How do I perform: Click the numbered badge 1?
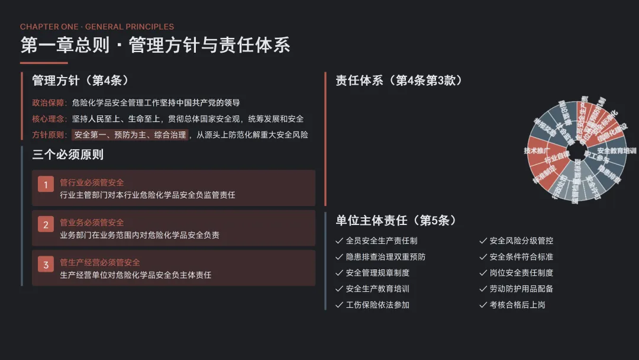pyautogui.click(x=46, y=185)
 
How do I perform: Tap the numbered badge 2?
pyautogui.click(x=46, y=225)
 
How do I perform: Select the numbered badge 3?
pyautogui.click(x=46, y=265)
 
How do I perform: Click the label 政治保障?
pyautogui.click(x=49, y=102)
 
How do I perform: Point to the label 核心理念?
pyautogui.click(x=49, y=118)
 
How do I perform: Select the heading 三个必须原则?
pyautogui.click(x=67, y=155)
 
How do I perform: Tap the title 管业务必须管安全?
pyautogui.click(x=92, y=223)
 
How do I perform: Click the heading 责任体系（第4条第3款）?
pyautogui.click(x=399, y=81)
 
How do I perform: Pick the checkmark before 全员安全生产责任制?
pyautogui.click(x=339, y=241)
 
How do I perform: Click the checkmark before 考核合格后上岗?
pyautogui.click(x=483, y=305)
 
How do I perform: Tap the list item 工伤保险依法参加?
pyautogui.click(x=377, y=305)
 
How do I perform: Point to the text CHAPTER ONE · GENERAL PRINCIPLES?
pyautogui.click(x=97, y=27)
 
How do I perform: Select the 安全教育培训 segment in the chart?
pyautogui.click(x=615, y=150)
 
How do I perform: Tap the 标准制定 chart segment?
pyautogui.click(x=544, y=175)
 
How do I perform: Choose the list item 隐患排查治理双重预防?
pyautogui.click(x=385, y=257)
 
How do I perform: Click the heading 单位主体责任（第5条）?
pyautogui.click(x=396, y=220)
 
